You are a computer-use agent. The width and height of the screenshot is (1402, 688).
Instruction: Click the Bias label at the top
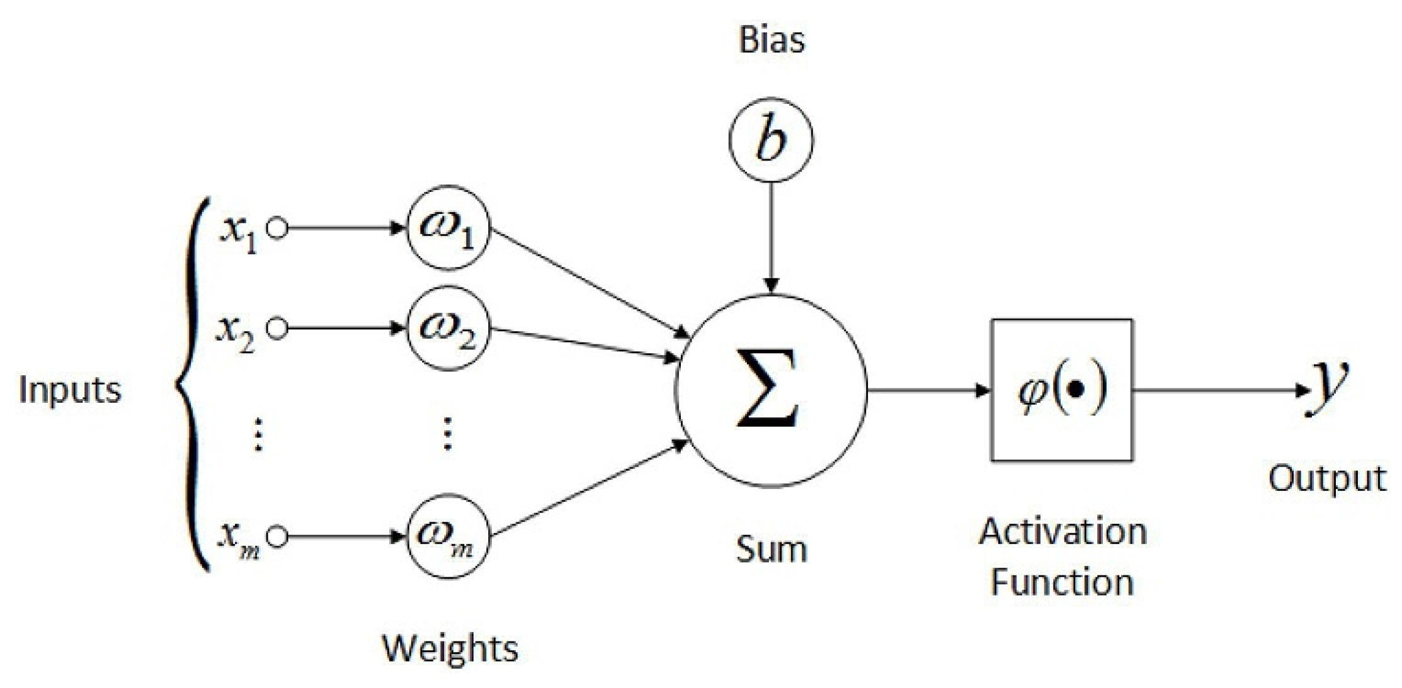[772, 39]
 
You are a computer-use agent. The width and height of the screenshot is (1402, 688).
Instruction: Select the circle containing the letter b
[771, 139]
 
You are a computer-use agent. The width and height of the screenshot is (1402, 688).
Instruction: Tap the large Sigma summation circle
[771, 390]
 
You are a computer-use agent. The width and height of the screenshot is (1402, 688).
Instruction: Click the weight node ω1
[448, 228]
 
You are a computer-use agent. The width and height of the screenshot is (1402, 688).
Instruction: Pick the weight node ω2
[448, 329]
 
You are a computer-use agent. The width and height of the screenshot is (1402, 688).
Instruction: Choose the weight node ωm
[448, 536]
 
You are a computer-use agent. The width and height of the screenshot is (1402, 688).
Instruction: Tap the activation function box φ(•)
[1062, 390]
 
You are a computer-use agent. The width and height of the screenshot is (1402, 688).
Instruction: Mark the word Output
[1326, 478]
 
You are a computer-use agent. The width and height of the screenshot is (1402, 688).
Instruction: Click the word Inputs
[69, 390]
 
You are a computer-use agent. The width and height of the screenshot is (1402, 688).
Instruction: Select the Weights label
[450, 648]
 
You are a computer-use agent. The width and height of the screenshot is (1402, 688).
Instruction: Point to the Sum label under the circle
[771, 549]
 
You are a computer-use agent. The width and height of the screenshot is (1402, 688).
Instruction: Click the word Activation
[1062, 532]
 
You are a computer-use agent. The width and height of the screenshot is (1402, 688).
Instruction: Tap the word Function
[1062, 582]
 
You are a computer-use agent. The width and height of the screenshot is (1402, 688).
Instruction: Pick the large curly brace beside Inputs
[189, 385]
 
